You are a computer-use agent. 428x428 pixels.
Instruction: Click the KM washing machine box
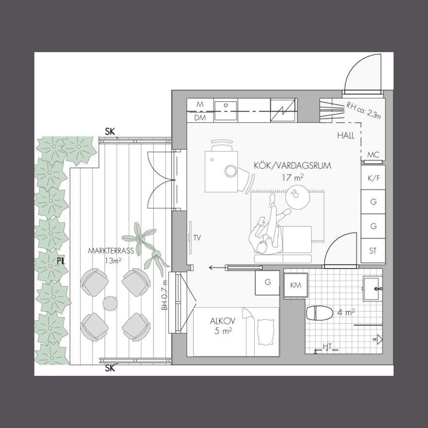tap(296, 286)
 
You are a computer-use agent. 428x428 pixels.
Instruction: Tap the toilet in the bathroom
tap(320, 313)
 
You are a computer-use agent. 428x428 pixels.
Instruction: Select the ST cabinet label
tap(373, 251)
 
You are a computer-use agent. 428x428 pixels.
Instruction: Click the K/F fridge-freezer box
tap(373, 177)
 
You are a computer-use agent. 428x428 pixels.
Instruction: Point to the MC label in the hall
tap(373, 155)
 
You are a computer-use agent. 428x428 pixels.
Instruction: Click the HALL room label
tap(346, 136)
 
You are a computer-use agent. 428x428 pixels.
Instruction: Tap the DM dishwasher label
tap(200, 118)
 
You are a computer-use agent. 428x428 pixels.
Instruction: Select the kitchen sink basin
tap(226, 110)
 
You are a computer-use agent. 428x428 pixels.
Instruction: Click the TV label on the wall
tap(197, 238)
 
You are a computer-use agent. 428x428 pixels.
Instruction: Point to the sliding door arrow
tap(217, 268)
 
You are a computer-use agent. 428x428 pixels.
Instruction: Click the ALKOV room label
tap(223, 321)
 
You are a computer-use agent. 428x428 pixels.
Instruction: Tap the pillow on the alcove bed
tap(266, 332)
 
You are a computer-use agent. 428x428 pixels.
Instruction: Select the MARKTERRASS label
tap(111, 251)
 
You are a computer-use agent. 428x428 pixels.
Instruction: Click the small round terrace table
tap(110, 303)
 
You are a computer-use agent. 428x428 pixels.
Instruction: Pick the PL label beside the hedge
tap(60, 261)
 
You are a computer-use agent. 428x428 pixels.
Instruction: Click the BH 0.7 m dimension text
tap(164, 295)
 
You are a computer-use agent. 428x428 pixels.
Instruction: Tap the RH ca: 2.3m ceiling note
tap(364, 110)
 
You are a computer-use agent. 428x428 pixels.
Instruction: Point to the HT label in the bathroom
tap(327, 347)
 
